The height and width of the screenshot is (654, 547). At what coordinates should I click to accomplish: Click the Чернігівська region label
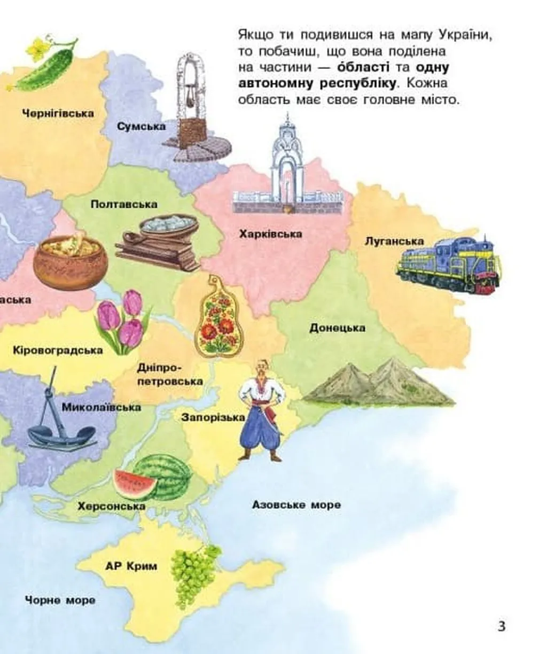coord(58,113)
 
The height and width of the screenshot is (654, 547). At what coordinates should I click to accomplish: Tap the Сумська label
coord(142,127)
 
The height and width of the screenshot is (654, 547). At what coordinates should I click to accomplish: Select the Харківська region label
coord(271,234)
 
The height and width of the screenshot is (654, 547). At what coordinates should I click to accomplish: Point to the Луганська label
coord(394,241)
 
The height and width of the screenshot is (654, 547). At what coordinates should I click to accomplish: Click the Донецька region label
coord(337,328)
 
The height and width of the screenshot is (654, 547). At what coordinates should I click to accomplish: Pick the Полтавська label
coord(124,204)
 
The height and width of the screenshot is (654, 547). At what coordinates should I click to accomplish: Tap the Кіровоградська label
coord(58,351)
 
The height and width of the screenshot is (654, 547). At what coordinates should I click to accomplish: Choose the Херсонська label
coord(111,505)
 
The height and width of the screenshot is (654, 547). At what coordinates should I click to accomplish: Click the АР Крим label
coord(131,566)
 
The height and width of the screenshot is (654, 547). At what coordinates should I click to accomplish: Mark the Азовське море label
coord(296,505)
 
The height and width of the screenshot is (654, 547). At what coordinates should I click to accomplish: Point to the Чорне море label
coord(60,600)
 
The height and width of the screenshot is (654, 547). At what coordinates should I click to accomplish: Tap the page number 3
coord(501,626)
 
